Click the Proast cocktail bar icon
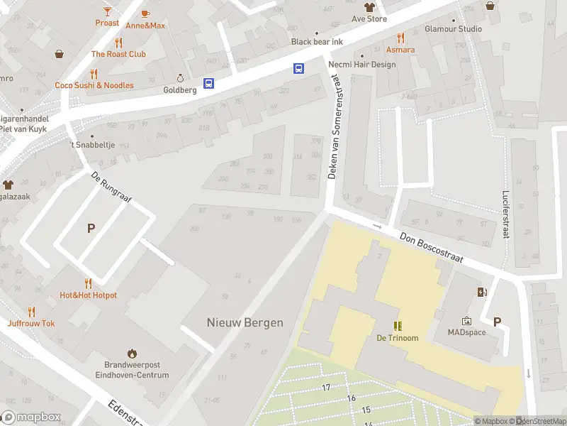click(x=107, y=11)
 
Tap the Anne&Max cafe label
click(x=145, y=26)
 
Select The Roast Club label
click(x=118, y=54)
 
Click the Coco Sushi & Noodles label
click(x=94, y=85)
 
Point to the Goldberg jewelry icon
click(x=180, y=79)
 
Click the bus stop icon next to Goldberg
click(x=209, y=84)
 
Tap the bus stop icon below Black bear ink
click(x=299, y=69)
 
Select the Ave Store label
click(x=369, y=19)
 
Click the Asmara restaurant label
click(x=400, y=50)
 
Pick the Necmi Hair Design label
click(x=362, y=65)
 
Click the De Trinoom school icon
click(x=398, y=326)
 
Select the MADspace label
click(x=466, y=332)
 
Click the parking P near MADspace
click(x=497, y=322)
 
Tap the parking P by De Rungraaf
click(x=90, y=228)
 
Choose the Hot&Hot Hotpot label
click(x=88, y=295)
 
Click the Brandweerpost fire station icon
click(x=131, y=353)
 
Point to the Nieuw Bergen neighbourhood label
click(x=245, y=322)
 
